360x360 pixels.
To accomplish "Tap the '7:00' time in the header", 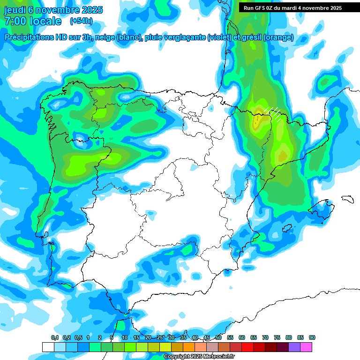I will (14, 21).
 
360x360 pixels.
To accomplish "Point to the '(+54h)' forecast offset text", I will (81, 21).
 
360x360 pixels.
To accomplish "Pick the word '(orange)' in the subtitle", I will (278, 37).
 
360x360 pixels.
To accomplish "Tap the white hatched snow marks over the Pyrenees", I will (273, 112).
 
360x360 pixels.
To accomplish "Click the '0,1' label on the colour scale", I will (55, 338).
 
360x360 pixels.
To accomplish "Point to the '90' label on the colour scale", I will (312, 338).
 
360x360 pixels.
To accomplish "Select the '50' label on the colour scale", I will (218, 338).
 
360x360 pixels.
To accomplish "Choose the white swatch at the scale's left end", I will (48, 347).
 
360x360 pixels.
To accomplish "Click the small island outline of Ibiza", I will (286, 229).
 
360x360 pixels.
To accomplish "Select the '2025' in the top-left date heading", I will (91, 10).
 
